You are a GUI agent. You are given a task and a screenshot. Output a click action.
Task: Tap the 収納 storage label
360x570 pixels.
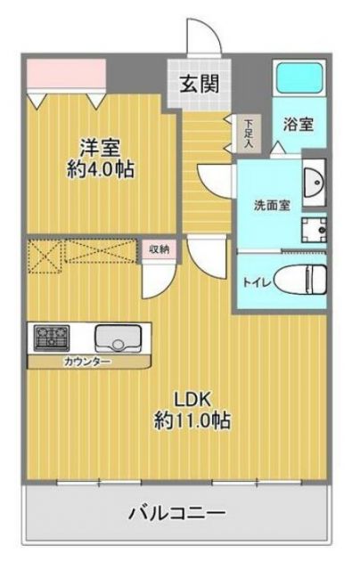pyautogui.click(x=157, y=249)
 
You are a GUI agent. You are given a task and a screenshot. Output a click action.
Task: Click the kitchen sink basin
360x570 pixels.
pyautogui.click(x=118, y=338)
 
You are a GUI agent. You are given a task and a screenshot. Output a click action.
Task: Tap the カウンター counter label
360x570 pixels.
pyautogui.click(x=86, y=361)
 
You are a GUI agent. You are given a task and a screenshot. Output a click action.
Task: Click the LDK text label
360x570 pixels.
pyautogui.click(x=189, y=398)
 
